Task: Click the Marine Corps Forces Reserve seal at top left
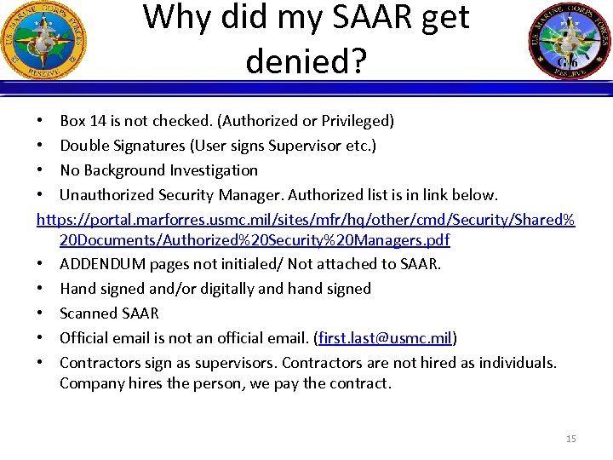click(x=43, y=40)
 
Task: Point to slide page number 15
click(x=570, y=439)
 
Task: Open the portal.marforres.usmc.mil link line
click(x=306, y=220)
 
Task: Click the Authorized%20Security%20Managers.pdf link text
click(x=255, y=240)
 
